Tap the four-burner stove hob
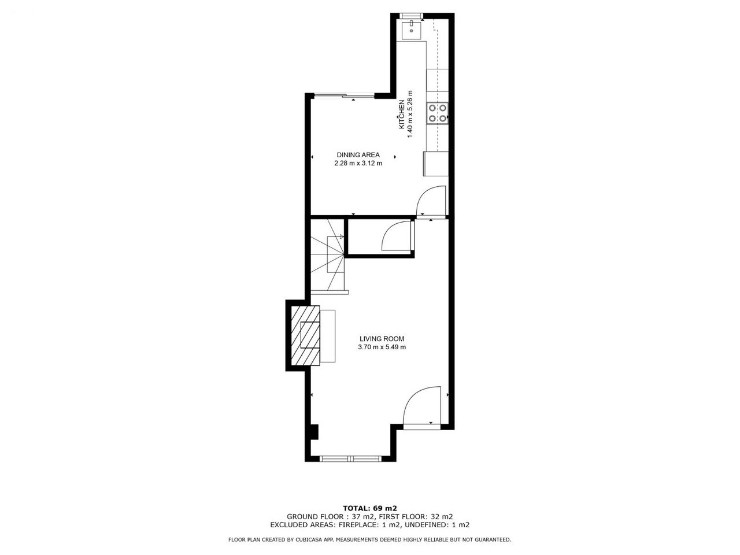tap(438, 113)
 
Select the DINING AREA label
tap(358, 155)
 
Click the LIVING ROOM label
tap(382, 339)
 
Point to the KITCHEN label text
tap(402, 114)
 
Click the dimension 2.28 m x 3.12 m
tap(358, 164)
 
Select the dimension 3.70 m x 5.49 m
tap(382, 347)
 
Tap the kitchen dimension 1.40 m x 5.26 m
tap(410, 114)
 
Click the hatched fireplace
tap(305, 335)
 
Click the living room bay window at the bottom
tap(350, 458)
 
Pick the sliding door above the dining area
tap(344, 96)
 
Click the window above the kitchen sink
tap(411, 16)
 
